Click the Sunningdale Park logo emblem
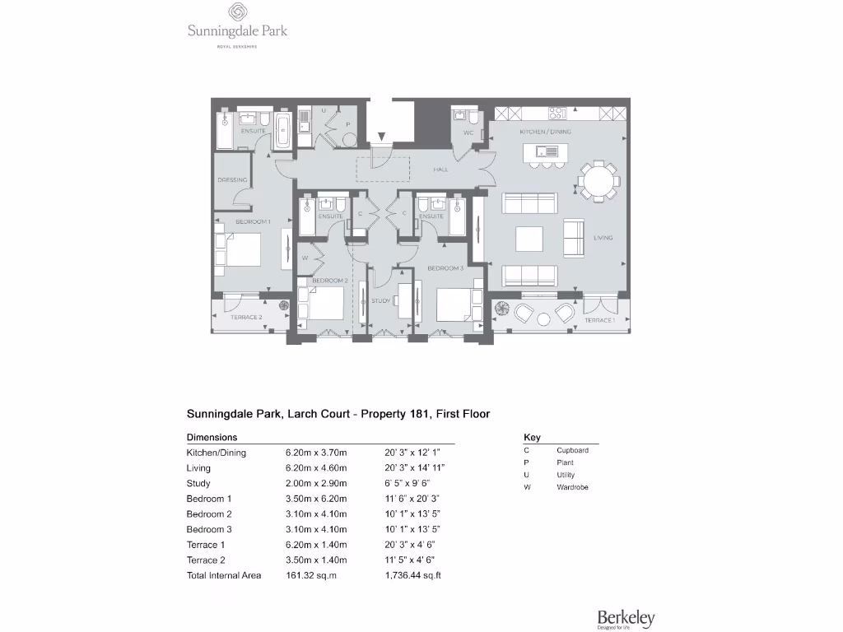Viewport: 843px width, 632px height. [x=236, y=12]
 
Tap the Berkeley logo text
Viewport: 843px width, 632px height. [x=626, y=616]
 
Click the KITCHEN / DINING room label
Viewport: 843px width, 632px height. [x=545, y=132]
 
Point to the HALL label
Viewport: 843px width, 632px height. [x=440, y=170]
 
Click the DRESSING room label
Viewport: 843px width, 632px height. [x=232, y=180]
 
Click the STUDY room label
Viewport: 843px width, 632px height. [x=380, y=301]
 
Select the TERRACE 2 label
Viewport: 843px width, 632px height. [x=245, y=317]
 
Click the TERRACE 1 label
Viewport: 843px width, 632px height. [x=599, y=319]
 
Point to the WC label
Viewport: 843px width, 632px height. [x=468, y=132]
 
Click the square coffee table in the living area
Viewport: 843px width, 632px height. [x=529, y=239]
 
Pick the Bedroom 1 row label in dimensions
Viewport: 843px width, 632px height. [x=209, y=499]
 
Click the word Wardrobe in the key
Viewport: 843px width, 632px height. [x=572, y=487]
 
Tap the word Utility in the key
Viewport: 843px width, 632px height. [x=566, y=475]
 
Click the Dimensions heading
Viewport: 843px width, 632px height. [x=212, y=438]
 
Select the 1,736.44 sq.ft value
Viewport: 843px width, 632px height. [x=413, y=575]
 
